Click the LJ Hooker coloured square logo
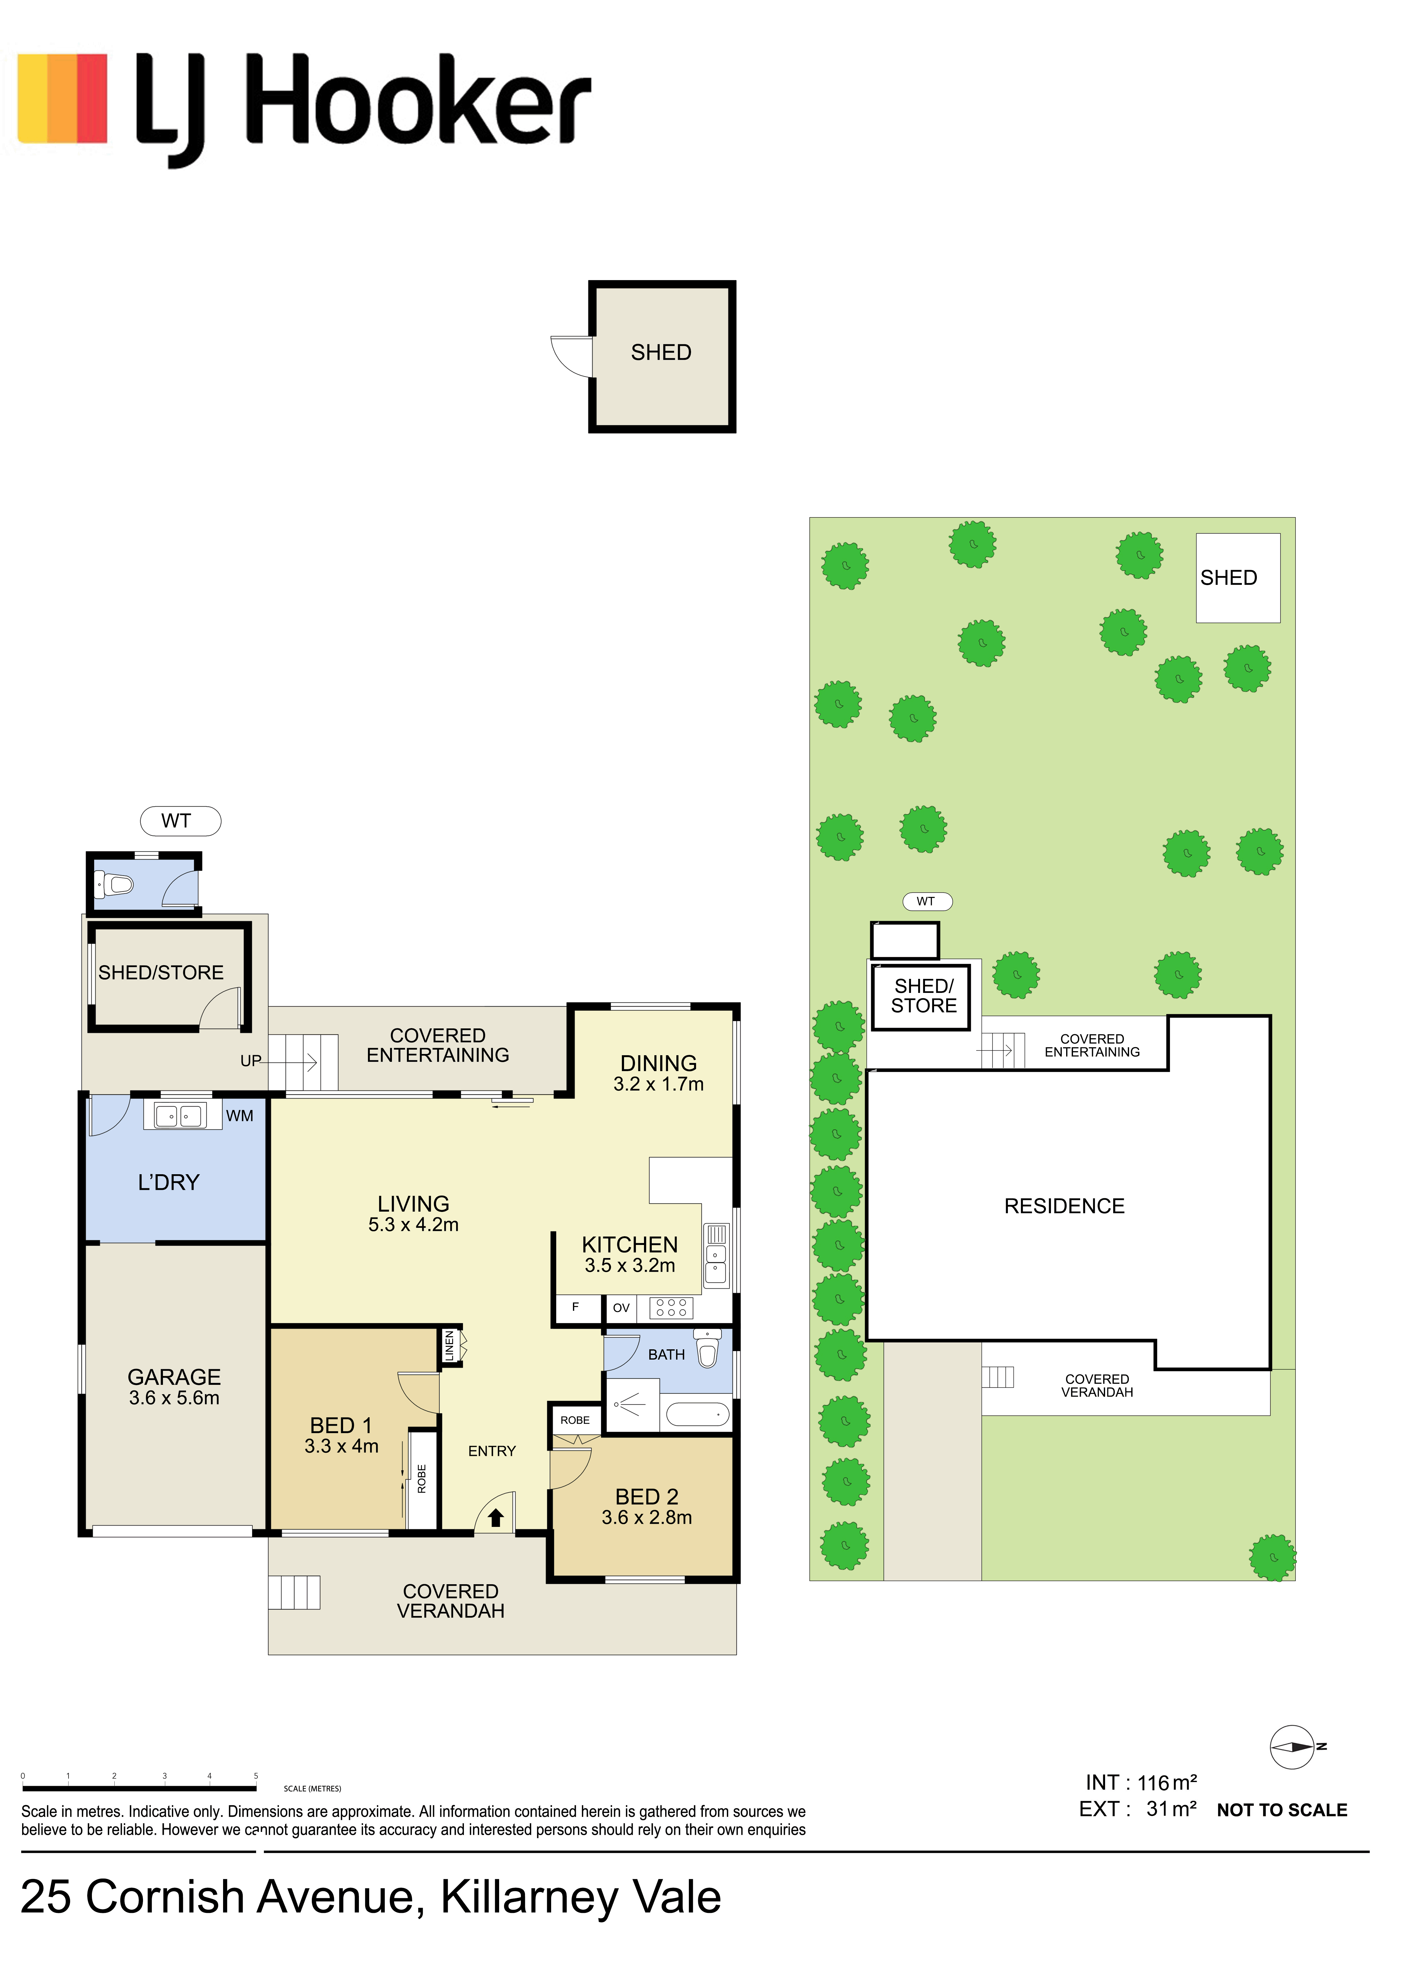click(62, 98)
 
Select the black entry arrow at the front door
click(496, 1518)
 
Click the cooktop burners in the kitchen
click(671, 1308)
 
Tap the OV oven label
click(621, 1308)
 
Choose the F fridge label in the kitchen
click(575, 1307)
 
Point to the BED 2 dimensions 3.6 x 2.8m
click(647, 1518)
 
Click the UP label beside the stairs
click(250, 1061)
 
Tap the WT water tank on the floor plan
click(180, 821)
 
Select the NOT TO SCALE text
click(1282, 1810)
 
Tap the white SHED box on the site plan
click(1238, 578)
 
